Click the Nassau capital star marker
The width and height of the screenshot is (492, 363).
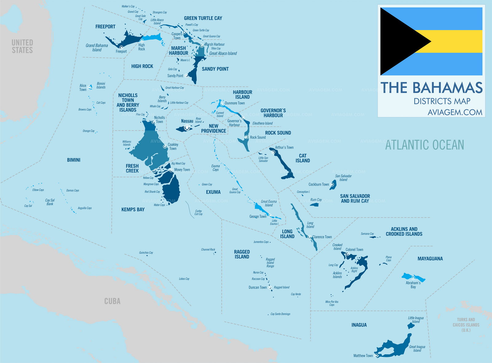(x=187, y=127)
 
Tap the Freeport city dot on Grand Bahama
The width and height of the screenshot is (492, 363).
(x=121, y=47)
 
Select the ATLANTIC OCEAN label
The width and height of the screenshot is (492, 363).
(x=424, y=145)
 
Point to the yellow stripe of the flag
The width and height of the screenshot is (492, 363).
(x=455, y=41)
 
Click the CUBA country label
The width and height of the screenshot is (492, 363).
(x=112, y=301)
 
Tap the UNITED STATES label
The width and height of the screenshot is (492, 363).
(x=22, y=46)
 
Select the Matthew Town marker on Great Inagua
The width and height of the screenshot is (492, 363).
(x=376, y=355)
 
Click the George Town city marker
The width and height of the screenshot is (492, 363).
(x=270, y=216)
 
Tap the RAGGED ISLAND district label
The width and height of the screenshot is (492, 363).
(x=242, y=254)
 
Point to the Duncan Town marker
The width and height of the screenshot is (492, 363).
(x=270, y=287)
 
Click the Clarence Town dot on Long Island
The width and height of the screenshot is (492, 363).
(x=309, y=237)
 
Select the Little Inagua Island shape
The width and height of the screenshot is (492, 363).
(x=411, y=325)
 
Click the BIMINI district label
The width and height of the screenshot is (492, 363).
(x=73, y=160)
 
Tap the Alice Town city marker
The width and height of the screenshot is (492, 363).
(x=89, y=87)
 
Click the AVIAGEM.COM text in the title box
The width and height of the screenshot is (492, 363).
(x=455, y=112)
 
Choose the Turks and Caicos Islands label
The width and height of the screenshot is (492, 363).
(x=466, y=325)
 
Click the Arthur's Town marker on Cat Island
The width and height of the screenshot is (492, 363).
(x=273, y=152)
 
